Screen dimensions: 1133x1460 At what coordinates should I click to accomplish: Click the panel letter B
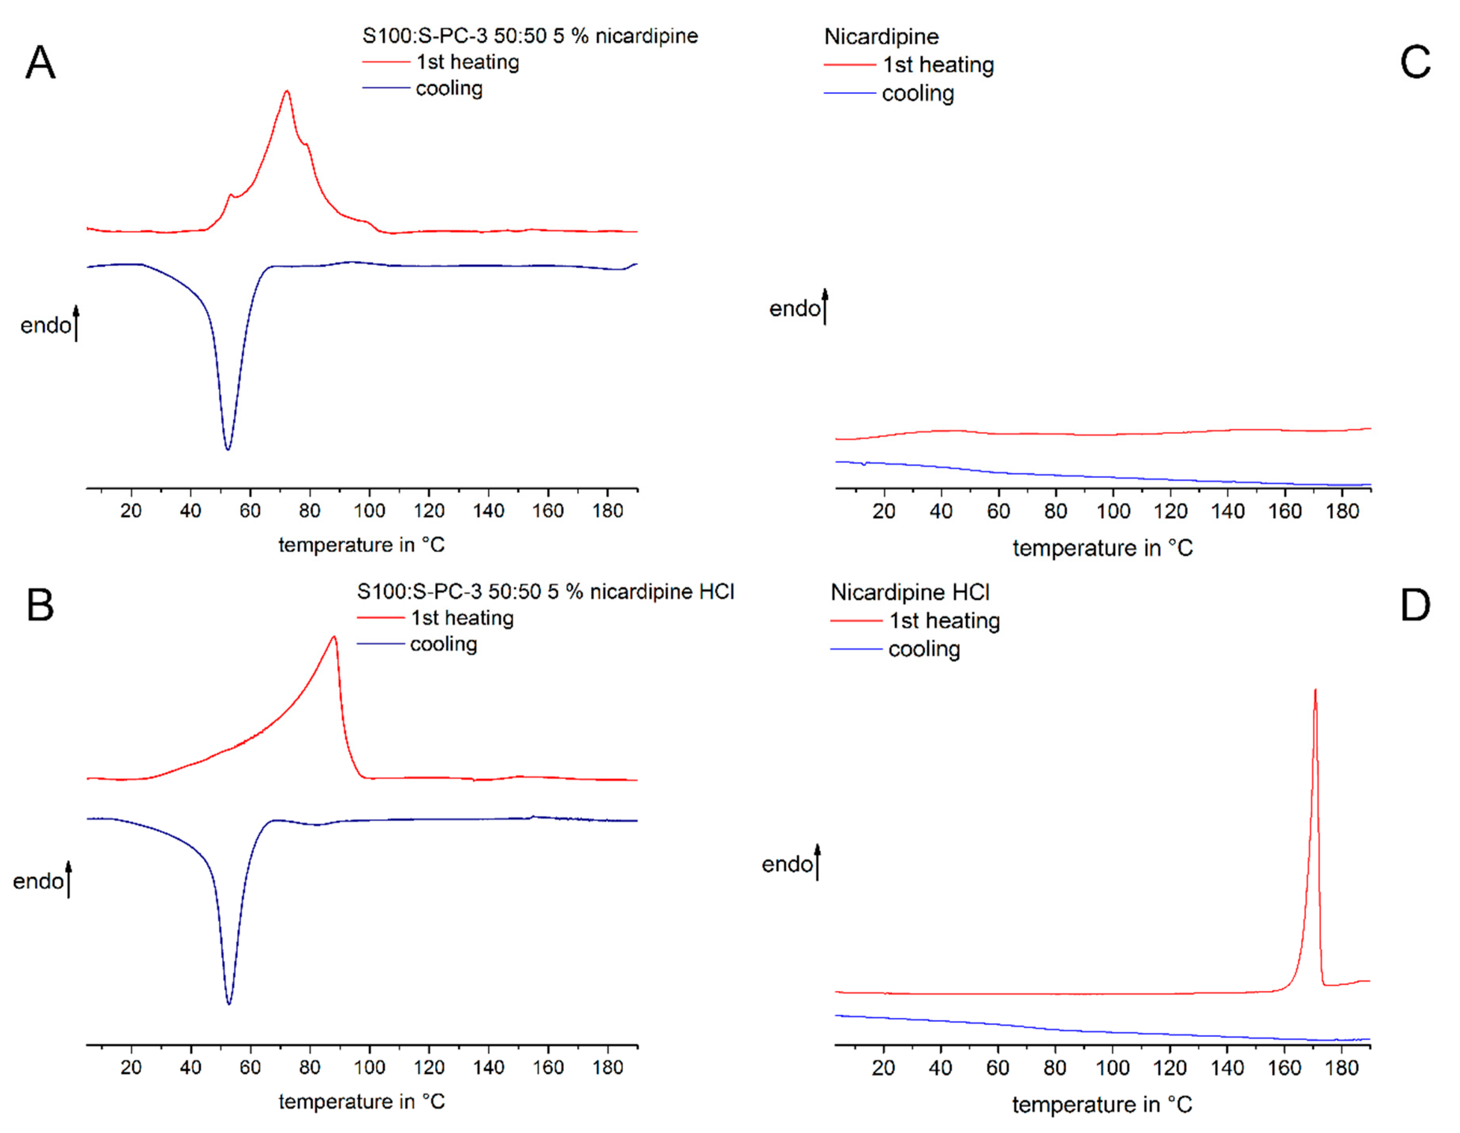point(40,606)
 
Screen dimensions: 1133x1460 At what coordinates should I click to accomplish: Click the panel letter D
point(1415,606)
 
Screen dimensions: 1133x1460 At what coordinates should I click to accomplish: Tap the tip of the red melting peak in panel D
point(1315,691)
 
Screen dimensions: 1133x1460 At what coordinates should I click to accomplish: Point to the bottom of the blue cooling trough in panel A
point(228,449)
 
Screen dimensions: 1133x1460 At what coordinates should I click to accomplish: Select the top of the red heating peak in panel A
point(287,91)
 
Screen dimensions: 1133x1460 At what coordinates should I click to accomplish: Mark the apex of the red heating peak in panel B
point(334,637)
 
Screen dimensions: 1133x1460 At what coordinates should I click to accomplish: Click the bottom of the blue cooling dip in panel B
point(229,1003)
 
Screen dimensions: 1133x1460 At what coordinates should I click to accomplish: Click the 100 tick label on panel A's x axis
point(369,511)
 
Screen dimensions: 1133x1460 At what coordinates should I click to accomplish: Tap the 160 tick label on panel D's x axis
point(1284,1068)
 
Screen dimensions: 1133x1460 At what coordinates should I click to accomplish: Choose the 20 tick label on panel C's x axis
point(884,511)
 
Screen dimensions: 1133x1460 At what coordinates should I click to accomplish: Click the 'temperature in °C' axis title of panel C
point(1102,548)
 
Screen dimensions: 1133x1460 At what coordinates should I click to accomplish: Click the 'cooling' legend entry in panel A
point(448,88)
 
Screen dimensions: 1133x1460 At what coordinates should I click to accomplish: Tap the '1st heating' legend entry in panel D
point(944,621)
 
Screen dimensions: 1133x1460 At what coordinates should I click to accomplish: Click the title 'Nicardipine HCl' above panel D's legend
point(909,592)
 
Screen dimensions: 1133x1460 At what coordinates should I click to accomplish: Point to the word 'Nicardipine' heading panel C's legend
point(881,36)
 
